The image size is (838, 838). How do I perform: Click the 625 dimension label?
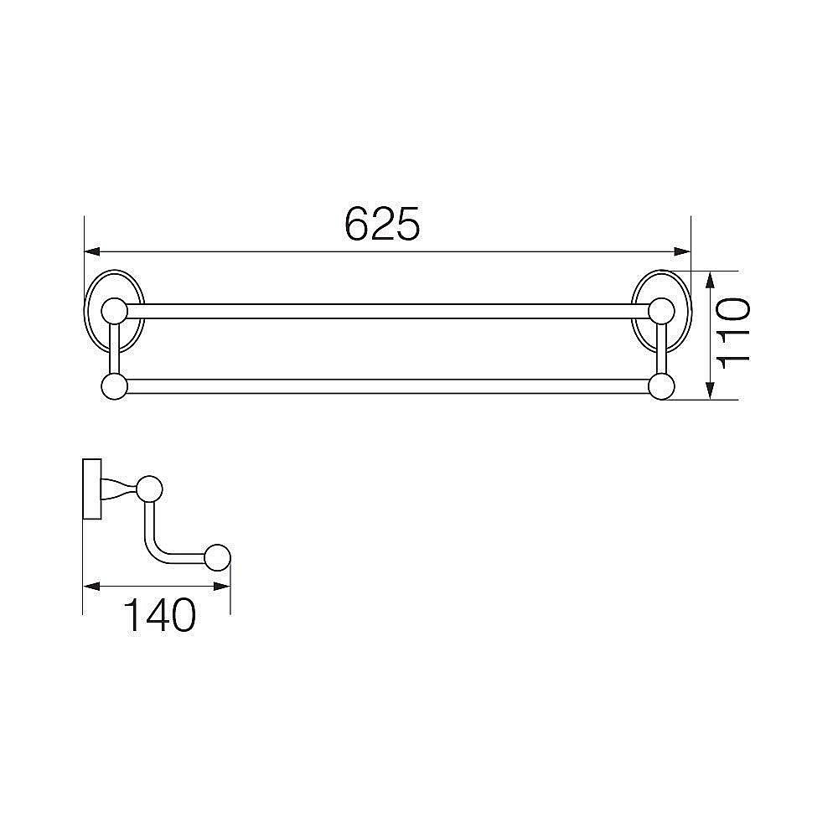(382, 224)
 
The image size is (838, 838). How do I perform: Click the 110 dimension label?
(733, 334)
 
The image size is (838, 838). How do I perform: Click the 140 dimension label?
(159, 615)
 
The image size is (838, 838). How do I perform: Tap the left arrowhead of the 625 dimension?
(92, 251)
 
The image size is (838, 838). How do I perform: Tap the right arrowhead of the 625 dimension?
(682, 251)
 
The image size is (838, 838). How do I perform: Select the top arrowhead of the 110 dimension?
(710, 280)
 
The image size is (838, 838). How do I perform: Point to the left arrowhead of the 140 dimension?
(92, 587)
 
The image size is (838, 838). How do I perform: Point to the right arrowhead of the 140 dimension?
(222, 587)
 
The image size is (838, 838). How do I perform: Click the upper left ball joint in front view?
(114, 311)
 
